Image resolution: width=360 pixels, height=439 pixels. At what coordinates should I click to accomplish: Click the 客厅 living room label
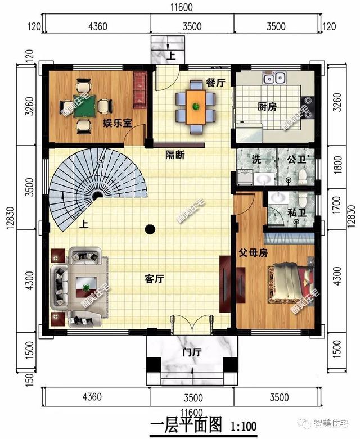(154, 279)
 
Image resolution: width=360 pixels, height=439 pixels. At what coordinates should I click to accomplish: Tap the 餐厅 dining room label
(216, 82)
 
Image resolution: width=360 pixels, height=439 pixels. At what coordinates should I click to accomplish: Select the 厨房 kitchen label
(267, 107)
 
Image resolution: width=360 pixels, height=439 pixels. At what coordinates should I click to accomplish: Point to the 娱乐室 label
(118, 123)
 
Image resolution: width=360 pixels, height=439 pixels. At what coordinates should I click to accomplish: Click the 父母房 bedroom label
(253, 253)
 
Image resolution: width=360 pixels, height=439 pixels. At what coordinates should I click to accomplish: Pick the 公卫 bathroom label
(296, 160)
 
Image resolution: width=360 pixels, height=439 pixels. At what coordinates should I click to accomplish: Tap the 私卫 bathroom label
(296, 214)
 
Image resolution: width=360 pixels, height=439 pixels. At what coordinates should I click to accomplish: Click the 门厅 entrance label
(192, 352)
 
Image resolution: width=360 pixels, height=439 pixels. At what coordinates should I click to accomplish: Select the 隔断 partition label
(175, 155)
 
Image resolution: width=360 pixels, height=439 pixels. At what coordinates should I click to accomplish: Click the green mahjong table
(85, 106)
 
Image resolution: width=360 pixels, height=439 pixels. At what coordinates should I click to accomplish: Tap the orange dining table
(196, 107)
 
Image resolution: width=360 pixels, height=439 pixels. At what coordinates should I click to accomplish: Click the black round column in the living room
(150, 229)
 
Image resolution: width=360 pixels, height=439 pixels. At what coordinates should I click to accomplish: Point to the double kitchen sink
(274, 78)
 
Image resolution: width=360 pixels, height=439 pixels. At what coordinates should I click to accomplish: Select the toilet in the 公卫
(303, 177)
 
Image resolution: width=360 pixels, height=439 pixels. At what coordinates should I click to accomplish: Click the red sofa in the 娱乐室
(140, 90)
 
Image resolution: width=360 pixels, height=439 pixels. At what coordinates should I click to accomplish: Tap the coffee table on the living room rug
(86, 287)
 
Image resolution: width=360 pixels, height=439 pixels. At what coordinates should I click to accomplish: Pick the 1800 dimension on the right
(338, 164)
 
